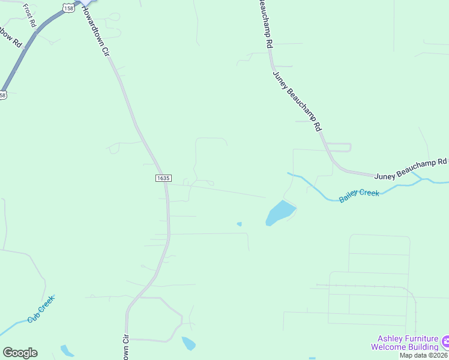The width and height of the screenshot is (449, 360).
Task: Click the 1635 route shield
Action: click(163, 178)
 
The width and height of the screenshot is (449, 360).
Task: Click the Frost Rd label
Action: click(29, 15)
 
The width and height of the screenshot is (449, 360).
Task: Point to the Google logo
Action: click(20, 352)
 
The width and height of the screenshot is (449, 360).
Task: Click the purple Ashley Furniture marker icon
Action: click(445, 342)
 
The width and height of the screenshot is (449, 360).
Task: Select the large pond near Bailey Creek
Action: click(280, 213)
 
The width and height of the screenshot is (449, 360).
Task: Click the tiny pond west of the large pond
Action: click(240, 224)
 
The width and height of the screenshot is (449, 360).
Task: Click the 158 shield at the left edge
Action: click(3, 95)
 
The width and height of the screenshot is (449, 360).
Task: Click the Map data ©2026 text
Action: click(424, 355)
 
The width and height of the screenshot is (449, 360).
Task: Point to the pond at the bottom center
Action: click(188, 343)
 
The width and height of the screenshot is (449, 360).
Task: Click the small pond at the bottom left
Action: click(67, 350)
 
